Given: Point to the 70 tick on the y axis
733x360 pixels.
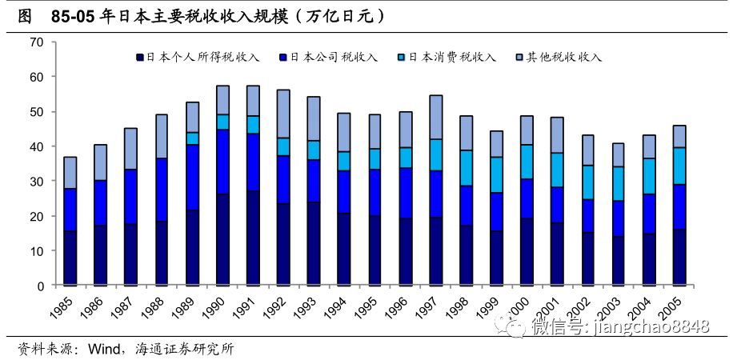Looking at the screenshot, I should coord(37,42).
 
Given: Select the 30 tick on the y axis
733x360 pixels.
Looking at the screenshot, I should coord(37,181).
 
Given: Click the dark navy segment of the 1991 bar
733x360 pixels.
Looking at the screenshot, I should coord(253,238).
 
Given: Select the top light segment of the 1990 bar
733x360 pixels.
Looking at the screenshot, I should coord(222,100).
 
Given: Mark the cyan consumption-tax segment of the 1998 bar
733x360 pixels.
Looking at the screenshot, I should coord(466,168).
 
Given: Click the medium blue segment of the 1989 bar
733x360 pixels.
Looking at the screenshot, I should coord(192,178).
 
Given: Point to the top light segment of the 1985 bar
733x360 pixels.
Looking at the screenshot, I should coord(70,173).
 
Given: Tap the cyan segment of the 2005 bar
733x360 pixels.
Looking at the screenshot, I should coord(679,166).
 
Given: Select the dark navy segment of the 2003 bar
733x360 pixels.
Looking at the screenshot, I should coord(618,260).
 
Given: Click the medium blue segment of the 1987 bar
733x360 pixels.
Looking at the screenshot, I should coord(131,197).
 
